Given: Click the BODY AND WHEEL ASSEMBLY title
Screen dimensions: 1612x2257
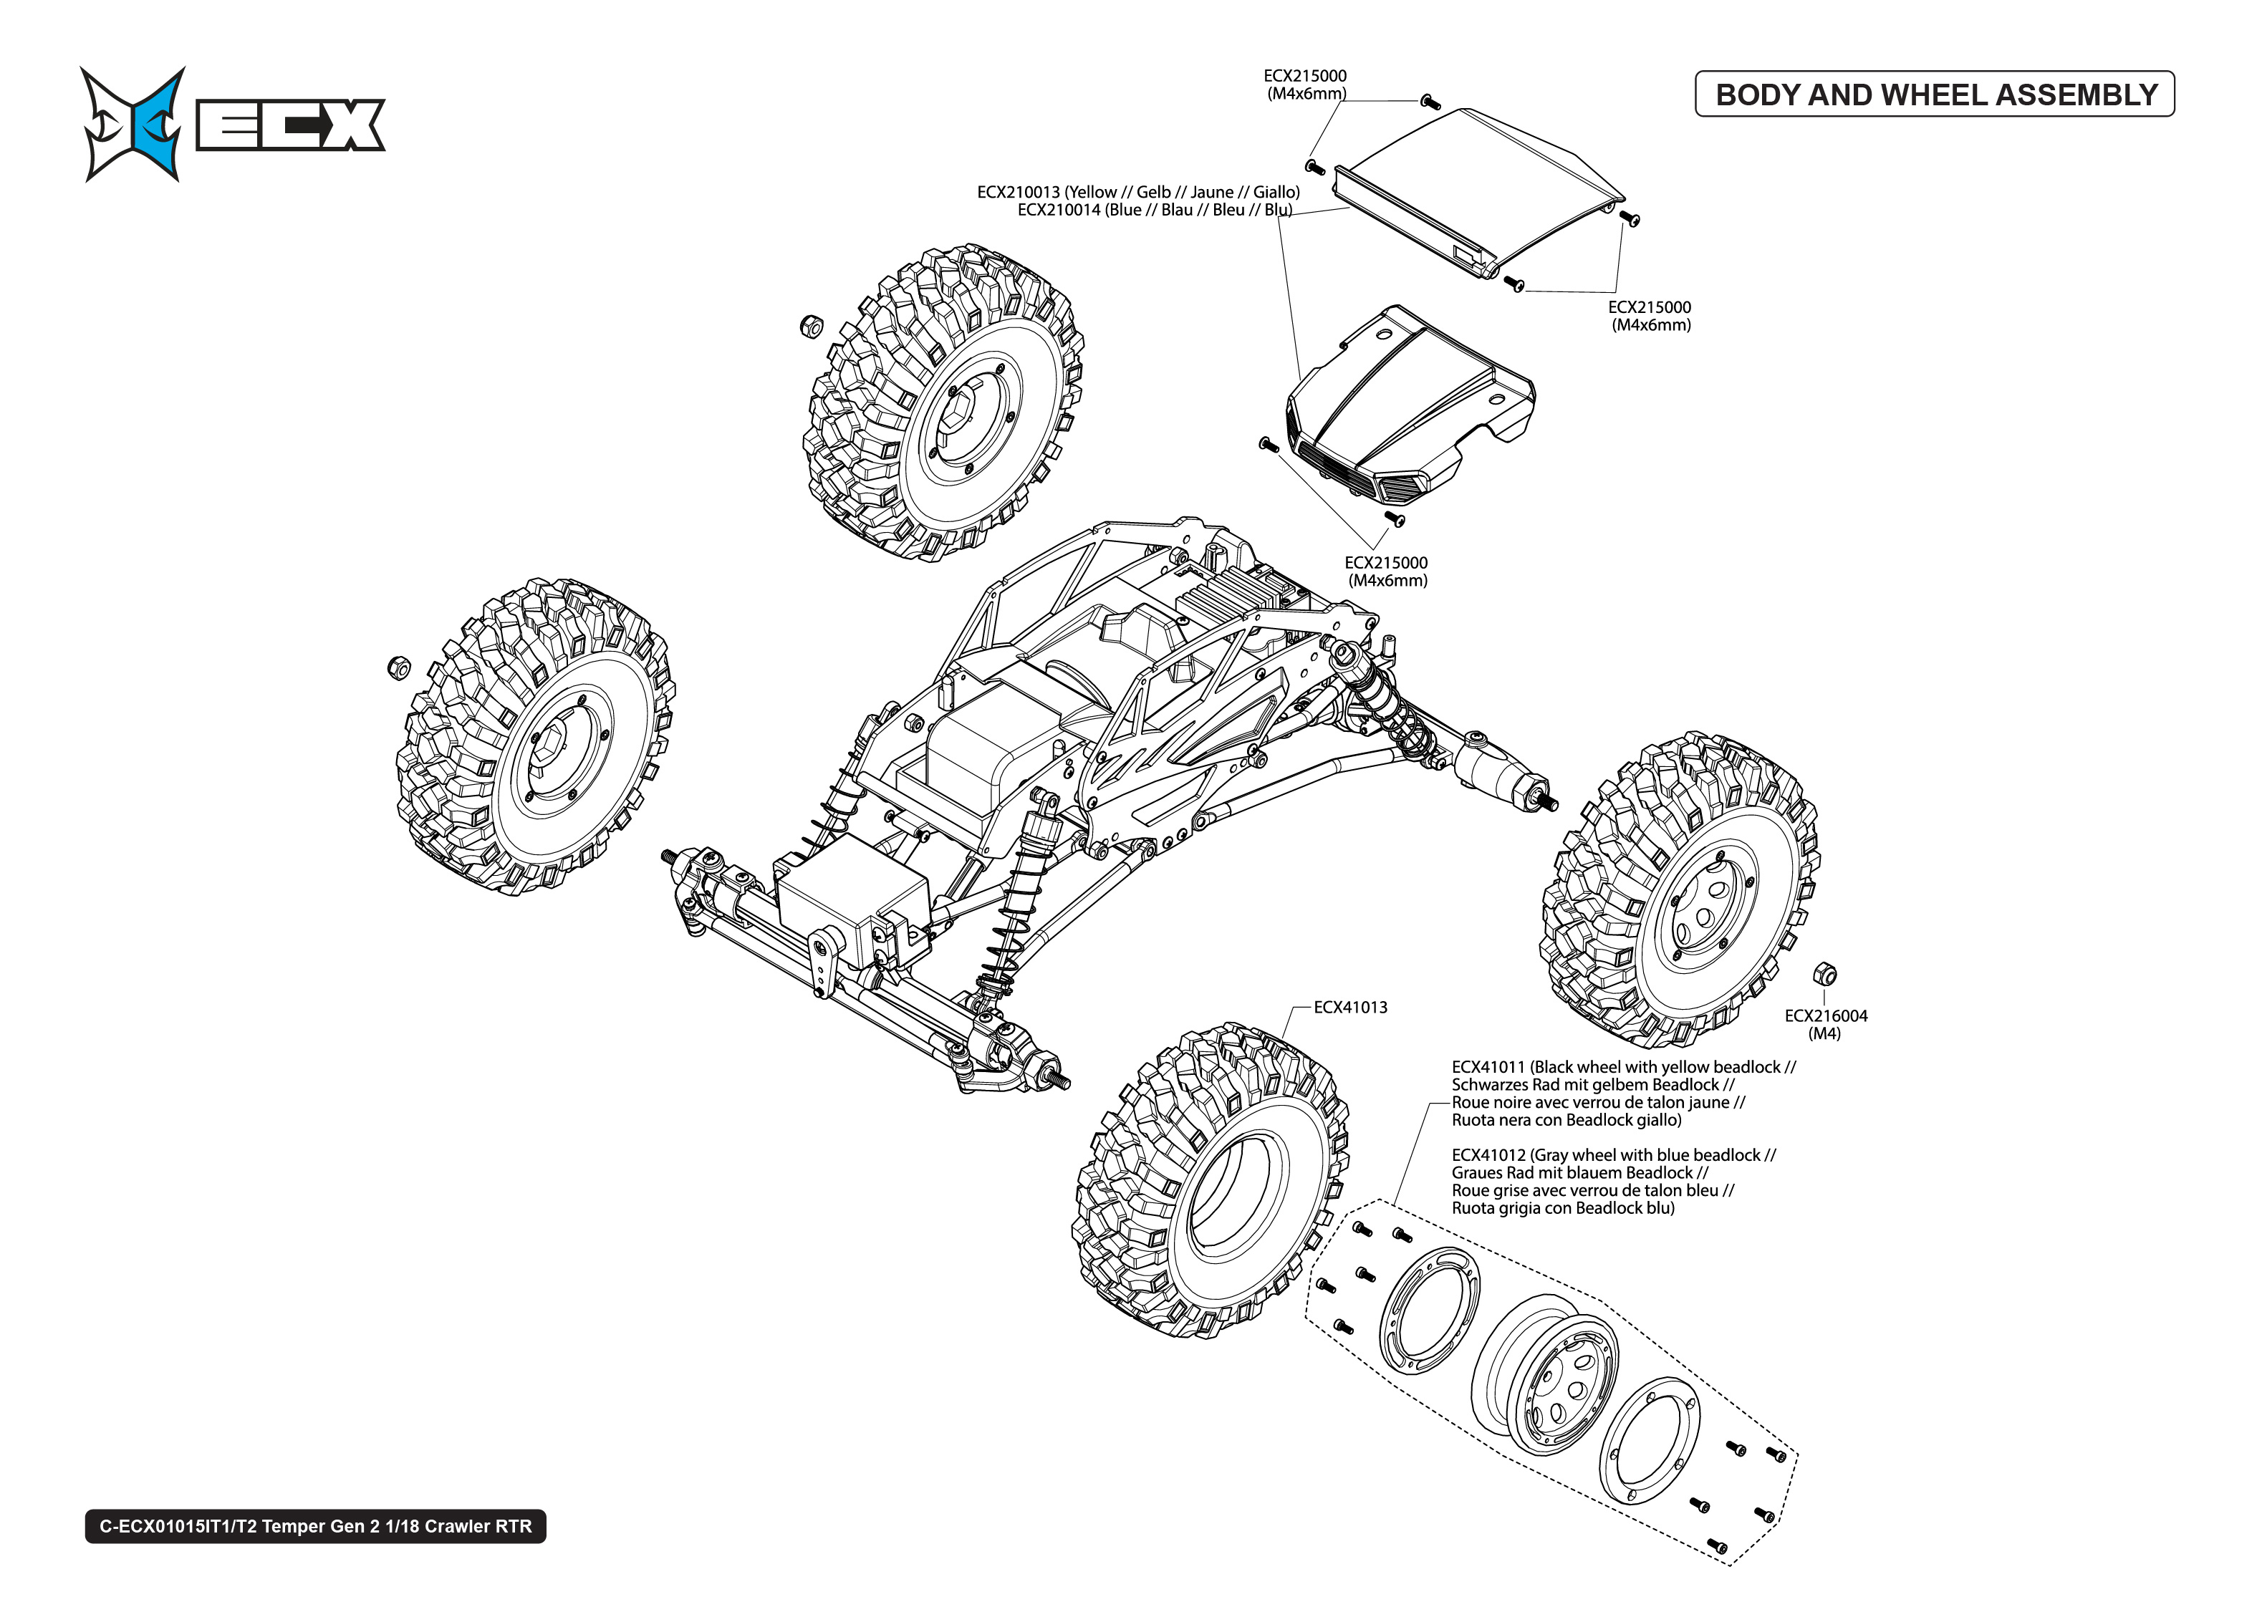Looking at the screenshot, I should click(x=1935, y=95).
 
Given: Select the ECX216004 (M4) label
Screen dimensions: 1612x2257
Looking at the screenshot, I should click(x=1824, y=1023).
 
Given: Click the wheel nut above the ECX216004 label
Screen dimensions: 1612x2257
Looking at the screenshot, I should click(x=1824, y=974).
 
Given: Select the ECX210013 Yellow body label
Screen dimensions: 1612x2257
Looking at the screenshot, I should click(x=1137, y=192).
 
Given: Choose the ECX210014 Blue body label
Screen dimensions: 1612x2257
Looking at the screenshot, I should click(x=1153, y=209).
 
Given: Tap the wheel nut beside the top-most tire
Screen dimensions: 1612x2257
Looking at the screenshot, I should click(x=811, y=324).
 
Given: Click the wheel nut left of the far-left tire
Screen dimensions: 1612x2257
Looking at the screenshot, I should click(x=398, y=667).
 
